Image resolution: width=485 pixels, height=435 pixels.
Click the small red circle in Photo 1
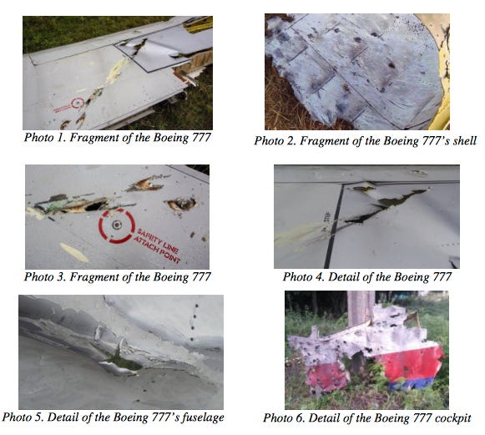point(78,103)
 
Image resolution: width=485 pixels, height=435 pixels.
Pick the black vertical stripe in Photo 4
point(335,226)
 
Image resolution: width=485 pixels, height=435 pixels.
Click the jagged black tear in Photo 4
point(386,205)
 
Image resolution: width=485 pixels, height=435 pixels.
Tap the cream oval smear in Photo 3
point(74,252)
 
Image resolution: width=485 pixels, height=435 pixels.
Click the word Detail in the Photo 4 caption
point(341,276)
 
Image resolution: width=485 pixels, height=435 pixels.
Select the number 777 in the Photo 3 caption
point(201,276)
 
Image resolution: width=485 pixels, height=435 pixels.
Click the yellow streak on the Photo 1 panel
point(116,70)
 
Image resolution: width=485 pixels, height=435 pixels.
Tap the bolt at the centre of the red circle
point(117,225)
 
